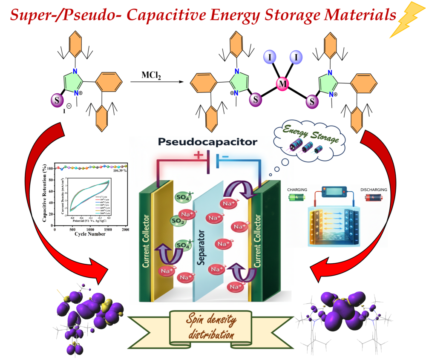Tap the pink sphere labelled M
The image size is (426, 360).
click(x=282, y=84)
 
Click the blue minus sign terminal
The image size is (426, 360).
click(x=225, y=156)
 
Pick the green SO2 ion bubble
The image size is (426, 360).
click(x=177, y=221)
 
